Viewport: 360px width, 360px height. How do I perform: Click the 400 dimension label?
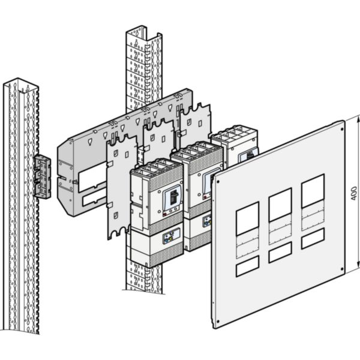355,193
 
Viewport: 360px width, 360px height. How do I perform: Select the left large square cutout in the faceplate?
247,218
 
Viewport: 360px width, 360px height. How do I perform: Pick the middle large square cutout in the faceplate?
280,205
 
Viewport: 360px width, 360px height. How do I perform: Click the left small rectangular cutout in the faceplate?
247,266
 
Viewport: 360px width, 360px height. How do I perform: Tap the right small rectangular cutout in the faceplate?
313,238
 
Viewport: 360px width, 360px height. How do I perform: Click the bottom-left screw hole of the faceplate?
215,322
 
